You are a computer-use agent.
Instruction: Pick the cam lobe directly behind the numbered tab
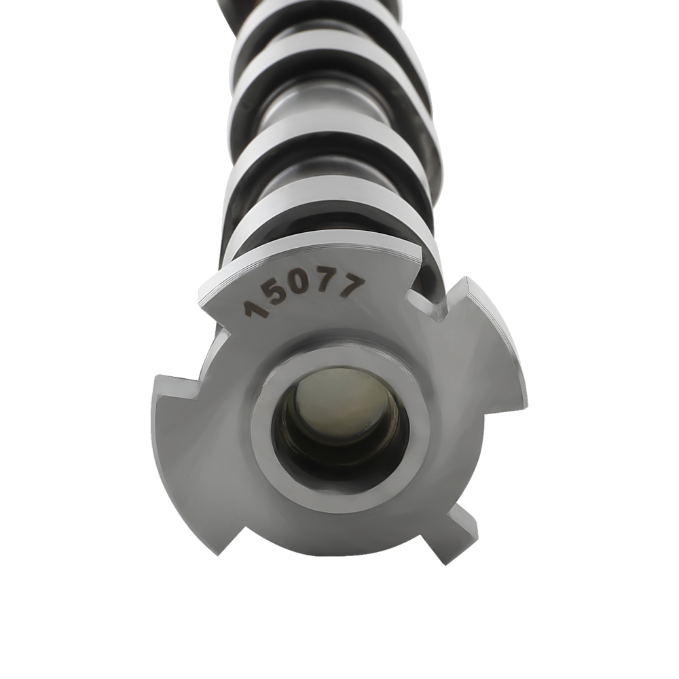(x=326, y=217)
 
